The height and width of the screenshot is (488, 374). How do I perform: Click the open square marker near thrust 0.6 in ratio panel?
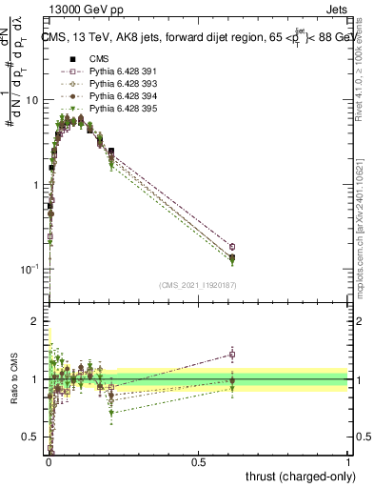point(232,355)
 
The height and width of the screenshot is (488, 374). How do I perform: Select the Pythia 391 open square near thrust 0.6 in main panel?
point(232,247)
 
